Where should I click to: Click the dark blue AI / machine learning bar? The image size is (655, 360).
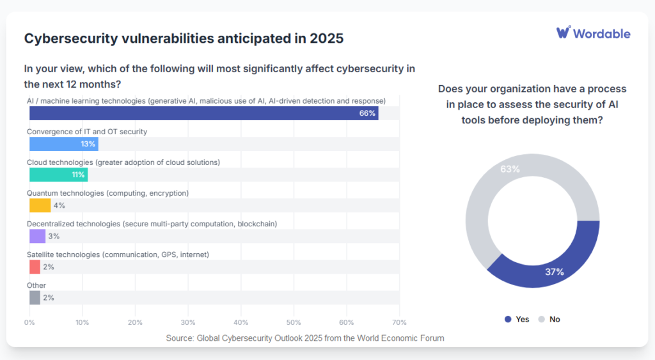pyautogui.click(x=203, y=113)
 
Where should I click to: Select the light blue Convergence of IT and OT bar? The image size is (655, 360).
pyautogui.click(x=63, y=144)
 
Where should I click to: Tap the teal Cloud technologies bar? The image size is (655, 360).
pyautogui.click(x=58, y=175)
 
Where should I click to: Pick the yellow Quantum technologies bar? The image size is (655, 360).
pyautogui.click(x=40, y=205)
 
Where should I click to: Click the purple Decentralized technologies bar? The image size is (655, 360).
pyautogui.click(x=37, y=236)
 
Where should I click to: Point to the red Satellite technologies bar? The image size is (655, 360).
pyautogui.click(x=35, y=267)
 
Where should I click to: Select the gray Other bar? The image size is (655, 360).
pyautogui.click(x=35, y=297)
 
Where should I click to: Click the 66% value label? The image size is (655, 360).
pyautogui.click(x=367, y=113)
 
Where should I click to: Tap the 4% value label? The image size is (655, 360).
pyautogui.click(x=59, y=205)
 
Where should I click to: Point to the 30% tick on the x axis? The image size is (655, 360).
pyautogui.click(x=188, y=323)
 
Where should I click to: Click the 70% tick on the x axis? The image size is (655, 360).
pyautogui.click(x=399, y=323)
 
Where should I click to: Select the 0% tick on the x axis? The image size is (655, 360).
pyautogui.click(x=29, y=323)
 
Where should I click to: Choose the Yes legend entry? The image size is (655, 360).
pyautogui.click(x=517, y=319)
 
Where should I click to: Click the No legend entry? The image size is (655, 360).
pyautogui.click(x=549, y=319)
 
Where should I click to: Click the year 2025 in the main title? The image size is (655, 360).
pyautogui.click(x=327, y=38)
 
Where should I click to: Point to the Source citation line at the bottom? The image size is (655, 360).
pyautogui.click(x=304, y=338)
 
